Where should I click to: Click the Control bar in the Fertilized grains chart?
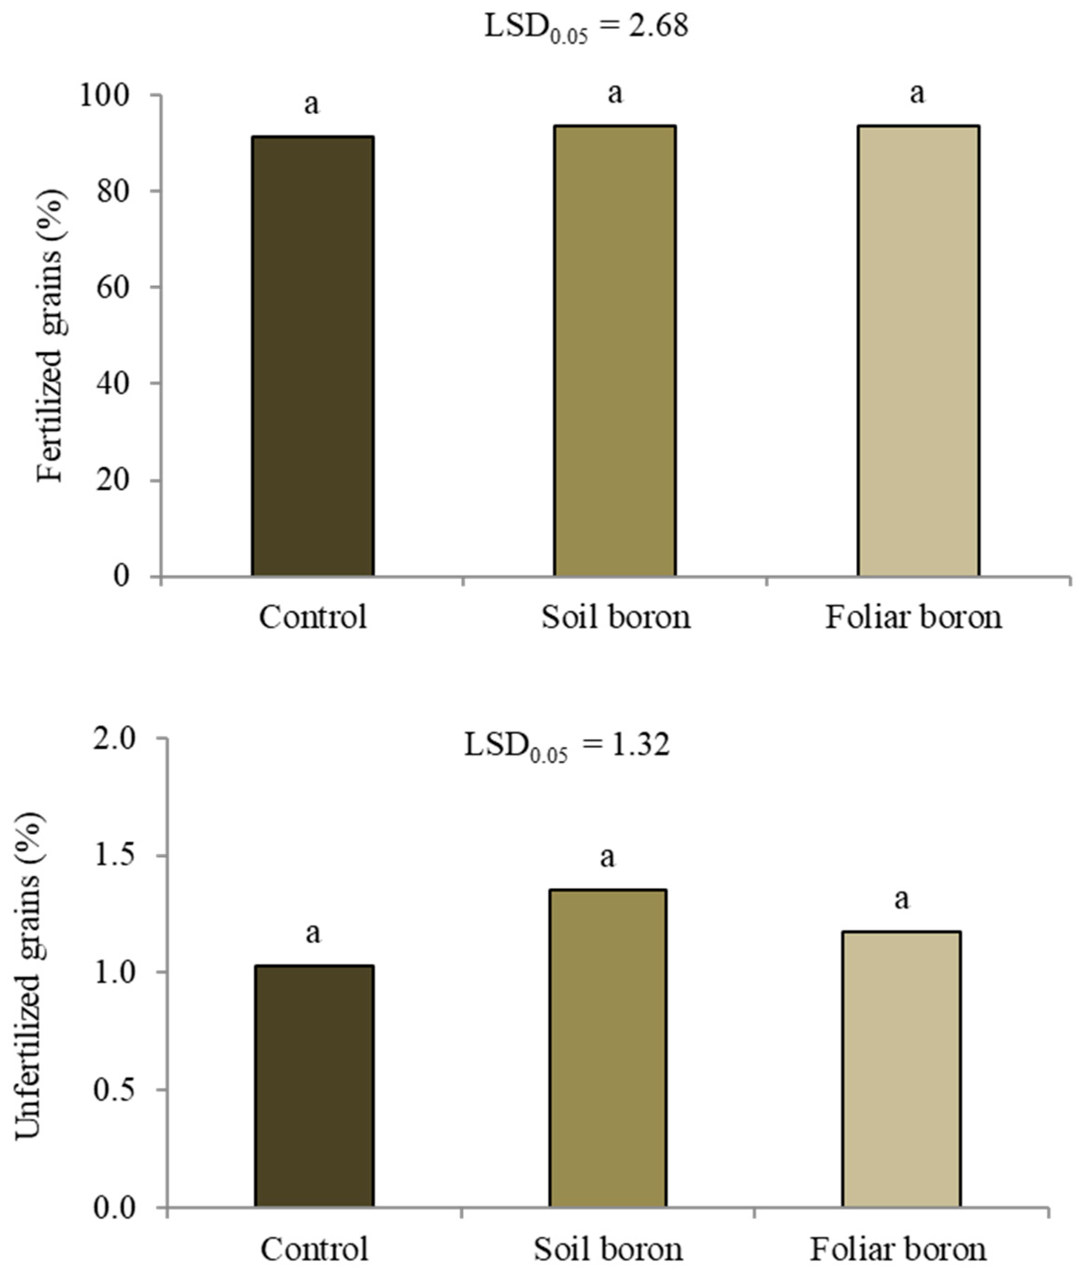pos(313,357)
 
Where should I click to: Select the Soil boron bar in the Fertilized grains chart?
pos(615,350)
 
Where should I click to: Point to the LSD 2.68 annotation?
pos(586,27)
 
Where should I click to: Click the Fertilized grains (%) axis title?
pos(50,335)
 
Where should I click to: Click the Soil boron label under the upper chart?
pos(615,617)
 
